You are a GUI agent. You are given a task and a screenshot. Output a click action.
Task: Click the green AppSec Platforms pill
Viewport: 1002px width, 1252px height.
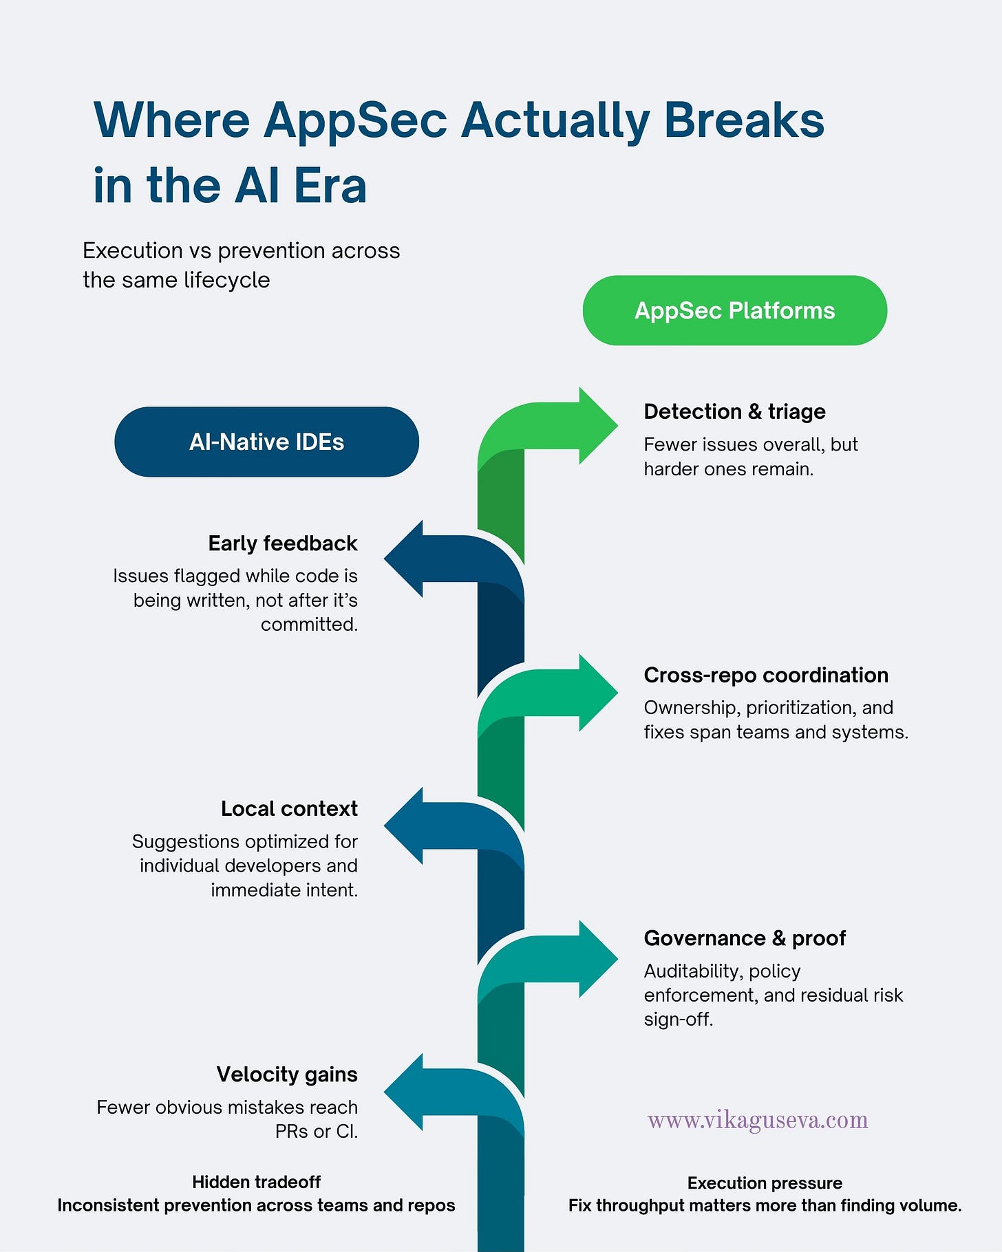coord(734,310)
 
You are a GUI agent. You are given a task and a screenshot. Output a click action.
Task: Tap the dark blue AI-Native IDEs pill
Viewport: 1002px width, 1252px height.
coord(266,442)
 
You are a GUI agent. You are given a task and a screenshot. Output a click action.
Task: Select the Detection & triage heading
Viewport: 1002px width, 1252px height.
coord(734,411)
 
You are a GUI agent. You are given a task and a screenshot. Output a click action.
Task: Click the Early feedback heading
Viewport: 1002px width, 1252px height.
coord(283,543)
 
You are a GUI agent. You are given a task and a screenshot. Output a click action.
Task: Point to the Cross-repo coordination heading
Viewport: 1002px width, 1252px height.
coord(766,675)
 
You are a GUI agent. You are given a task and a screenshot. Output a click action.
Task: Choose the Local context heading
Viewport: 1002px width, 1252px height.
coord(289,808)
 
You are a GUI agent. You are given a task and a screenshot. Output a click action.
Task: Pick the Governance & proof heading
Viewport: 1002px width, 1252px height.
coord(745,938)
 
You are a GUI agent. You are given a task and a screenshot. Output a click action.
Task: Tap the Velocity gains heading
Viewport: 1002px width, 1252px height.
coord(287,1075)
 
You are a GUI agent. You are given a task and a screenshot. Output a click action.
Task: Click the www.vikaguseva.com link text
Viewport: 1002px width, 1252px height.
coord(758,1120)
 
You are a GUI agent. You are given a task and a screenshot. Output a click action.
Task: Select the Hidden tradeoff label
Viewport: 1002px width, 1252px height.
coord(256,1182)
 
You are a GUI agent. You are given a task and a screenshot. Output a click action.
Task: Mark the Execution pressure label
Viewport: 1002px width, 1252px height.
coord(765,1183)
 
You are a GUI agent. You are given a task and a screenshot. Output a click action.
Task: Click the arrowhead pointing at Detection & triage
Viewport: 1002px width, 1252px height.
coord(596,426)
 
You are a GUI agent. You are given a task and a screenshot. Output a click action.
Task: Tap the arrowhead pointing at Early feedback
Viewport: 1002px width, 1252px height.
coord(406,559)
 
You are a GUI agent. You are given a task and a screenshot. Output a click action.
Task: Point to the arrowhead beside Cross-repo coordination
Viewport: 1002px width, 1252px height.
coord(596,693)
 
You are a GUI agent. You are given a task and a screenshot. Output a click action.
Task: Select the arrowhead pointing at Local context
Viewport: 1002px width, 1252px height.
coord(406,825)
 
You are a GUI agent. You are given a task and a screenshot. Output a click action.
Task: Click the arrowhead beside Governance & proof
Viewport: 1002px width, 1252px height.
coord(596,959)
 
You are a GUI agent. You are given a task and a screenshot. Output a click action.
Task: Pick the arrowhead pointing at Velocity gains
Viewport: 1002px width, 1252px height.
coord(406,1092)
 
